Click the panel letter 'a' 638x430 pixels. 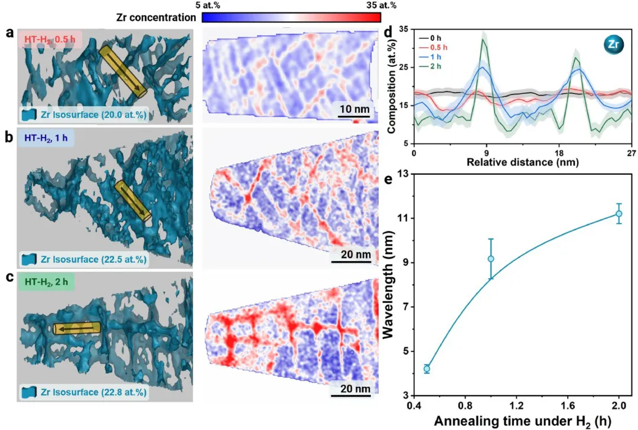[9, 32]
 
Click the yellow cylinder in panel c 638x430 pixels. [77, 328]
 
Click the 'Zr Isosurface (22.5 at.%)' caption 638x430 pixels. [89, 258]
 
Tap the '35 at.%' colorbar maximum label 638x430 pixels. [380, 5]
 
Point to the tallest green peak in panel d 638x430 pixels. [485, 41]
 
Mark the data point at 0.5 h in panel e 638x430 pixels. [427, 369]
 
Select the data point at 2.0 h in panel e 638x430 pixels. [619, 213]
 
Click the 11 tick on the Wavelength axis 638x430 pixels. [402, 218]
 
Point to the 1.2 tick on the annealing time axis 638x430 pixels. [516, 407]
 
